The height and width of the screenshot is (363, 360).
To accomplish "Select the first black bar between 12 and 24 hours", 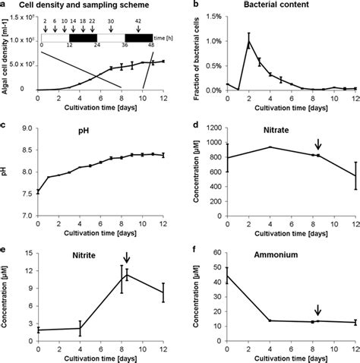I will [84, 37].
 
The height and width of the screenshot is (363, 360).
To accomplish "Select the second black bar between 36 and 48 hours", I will [139, 37].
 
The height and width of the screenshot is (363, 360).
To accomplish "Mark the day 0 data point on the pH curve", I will [41, 192].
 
